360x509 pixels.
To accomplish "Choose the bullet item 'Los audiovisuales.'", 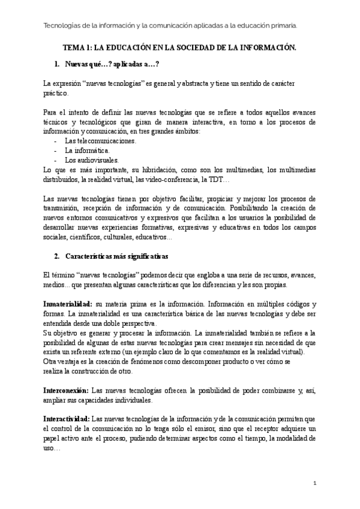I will [x=92, y=160].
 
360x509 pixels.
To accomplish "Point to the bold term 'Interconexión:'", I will [x=67, y=391].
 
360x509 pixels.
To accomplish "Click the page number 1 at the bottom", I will [x=315, y=483].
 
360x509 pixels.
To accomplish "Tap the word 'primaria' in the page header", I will [x=282, y=25].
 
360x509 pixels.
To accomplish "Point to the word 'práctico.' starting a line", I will [x=56, y=94].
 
